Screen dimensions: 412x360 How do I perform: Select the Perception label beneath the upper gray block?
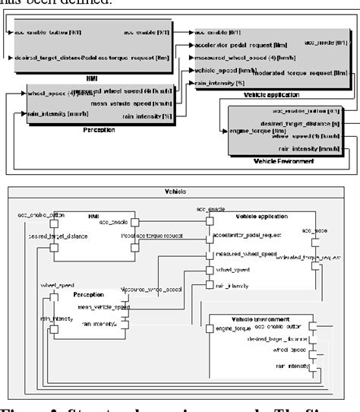pyautogui.click(x=91, y=129)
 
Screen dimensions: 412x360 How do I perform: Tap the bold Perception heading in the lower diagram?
pyautogui.click(x=88, y=293)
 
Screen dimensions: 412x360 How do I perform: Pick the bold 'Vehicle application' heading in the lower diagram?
pyautogui.click(x=251, y=216)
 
